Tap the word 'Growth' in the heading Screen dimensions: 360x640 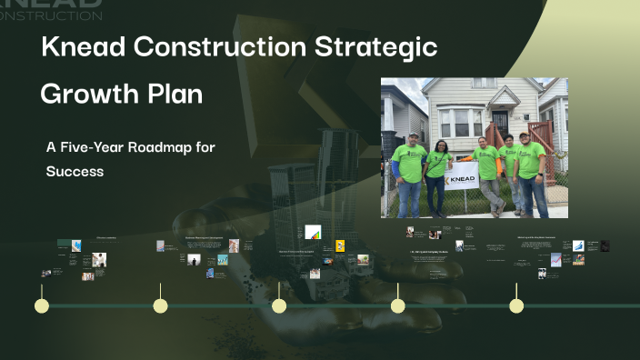[87, 95]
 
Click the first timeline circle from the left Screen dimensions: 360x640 [41, 305]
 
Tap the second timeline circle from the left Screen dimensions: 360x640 [160, 305]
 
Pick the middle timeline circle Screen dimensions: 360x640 [279, 305]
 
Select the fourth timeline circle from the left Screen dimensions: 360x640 [397, 305]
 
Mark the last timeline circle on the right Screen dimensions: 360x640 [516, 305]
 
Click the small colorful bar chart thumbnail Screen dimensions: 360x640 [313, 234]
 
